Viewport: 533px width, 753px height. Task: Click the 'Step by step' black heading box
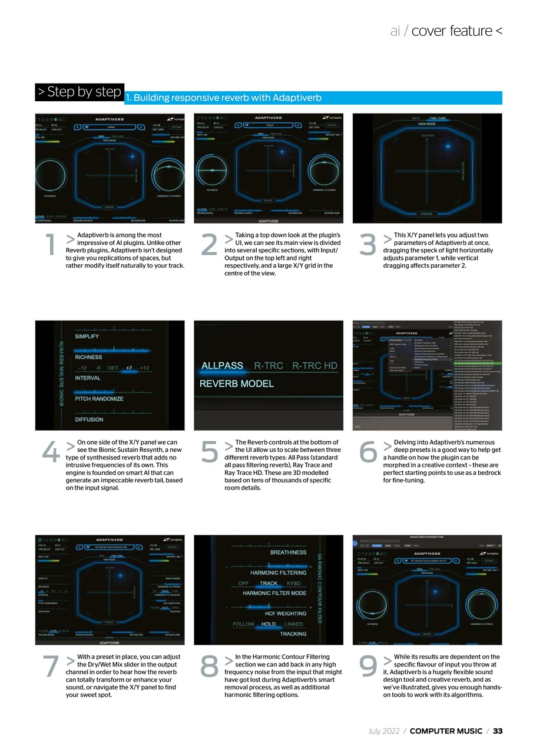tap(80, 92)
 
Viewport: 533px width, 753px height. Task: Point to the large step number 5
tap(209, 452)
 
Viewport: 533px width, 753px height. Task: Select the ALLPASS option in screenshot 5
tap(222, 366)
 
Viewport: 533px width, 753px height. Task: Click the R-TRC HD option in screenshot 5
tap(314, 366)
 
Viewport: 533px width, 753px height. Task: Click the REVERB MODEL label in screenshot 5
tap(236, 384)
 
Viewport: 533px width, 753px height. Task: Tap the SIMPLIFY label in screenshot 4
tap(87, 336)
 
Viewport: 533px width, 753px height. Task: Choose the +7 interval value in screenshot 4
tap(129, 368)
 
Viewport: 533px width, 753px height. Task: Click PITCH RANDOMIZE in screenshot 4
tap(99, 399)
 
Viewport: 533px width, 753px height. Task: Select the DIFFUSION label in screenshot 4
tap(89, 419)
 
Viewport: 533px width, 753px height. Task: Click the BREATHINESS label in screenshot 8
tap(288, 552)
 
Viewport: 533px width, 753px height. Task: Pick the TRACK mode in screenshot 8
tap(269, 584)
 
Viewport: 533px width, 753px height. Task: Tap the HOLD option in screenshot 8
tap(269, 624)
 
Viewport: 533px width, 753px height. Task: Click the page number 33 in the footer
tap(498, 731)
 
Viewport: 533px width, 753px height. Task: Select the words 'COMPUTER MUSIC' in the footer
tap(446, 731)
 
